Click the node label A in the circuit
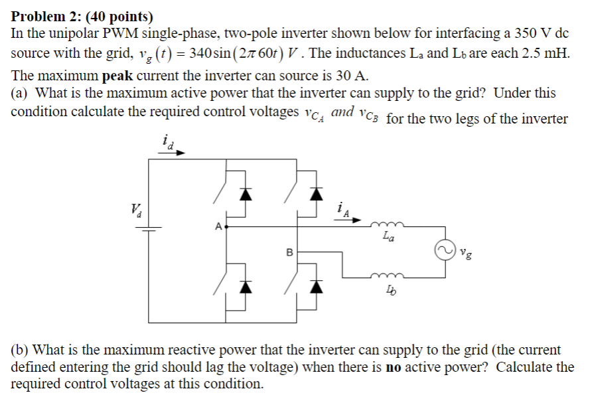pyautogui.click(x=217, y=226)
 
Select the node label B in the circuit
pyautogui.click(x=288, y=252)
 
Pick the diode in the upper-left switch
pyautogui.click(x=246, y=193)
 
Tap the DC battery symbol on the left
pyautogui.click(x=147, y=230)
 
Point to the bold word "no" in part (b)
pyautogui.click(x=392, y=367)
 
